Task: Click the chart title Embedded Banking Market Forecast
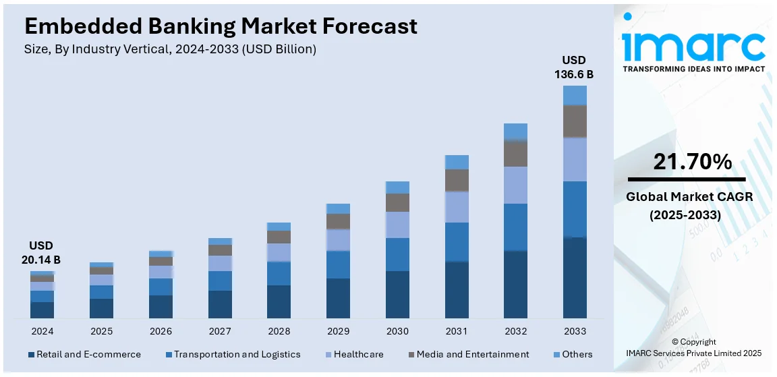click(x=221, y=26)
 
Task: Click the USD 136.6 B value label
click(x=574, y=67)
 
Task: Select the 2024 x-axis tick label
click(x=42, y=331)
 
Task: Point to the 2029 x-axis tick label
click(x=338, y=331)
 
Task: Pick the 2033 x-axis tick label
click(x=575, y=331)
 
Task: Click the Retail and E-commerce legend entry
click(x=88, y=354)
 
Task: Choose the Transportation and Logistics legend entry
click(x=237, y=354)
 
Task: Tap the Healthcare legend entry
click(x=358, y=354)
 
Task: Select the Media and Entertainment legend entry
click(x=472, y=354)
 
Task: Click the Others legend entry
click(x=577, y=354)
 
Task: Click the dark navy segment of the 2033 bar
click(x=575, y=277)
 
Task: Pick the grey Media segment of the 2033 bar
click(x=575, y=121)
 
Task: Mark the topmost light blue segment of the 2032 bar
click(x=515, y=132)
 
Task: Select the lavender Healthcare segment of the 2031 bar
click(x=457, y=206)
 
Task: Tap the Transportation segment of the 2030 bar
click(x=397, y=254)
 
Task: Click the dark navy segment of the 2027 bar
click(x=220, y=304)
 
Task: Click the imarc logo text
click(x=693, y=45)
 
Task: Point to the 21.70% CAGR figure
click(x=693, y=162)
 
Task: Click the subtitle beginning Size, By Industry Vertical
click(x=170, y=49)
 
